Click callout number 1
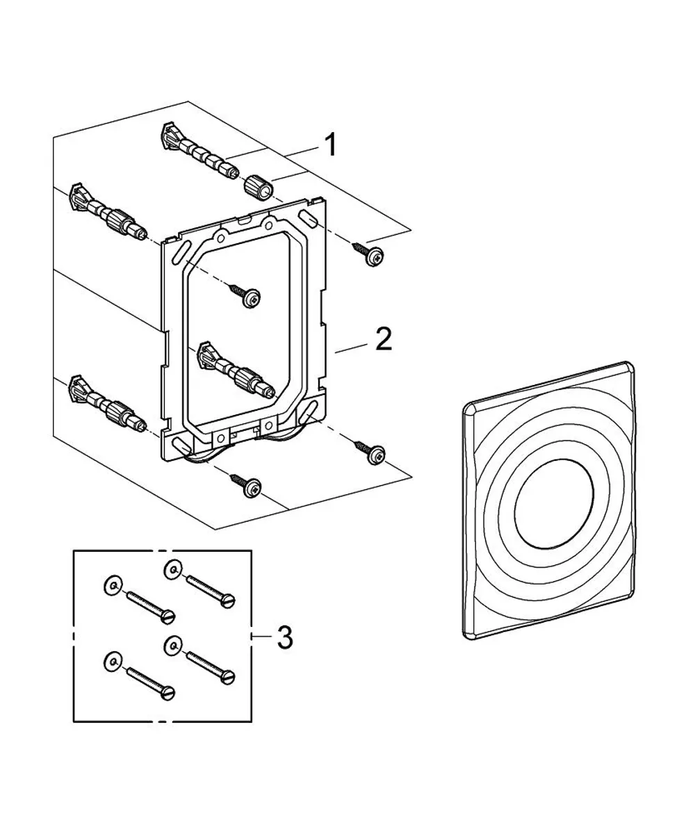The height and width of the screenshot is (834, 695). tap(330, 145)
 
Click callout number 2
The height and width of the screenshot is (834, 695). tap(384, 339)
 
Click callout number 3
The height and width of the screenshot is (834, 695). tap(285, 637)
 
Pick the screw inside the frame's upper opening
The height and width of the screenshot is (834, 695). tap(245, 295)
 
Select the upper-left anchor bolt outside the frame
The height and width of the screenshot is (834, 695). tap(108, 212)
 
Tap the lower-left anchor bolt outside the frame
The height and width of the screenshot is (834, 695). tap(108, 403)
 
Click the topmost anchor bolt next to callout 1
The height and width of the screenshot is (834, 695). tap(199, 151)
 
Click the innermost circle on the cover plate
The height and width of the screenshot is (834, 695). tap(554, 504)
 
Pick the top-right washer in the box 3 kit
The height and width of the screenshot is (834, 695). tap(173, 569)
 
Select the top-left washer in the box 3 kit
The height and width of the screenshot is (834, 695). tap(113, 586)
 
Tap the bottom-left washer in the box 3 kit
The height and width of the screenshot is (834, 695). tap(113, 673)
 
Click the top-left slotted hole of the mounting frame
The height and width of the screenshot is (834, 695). tap(180, 252)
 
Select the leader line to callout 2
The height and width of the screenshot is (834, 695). tap(351, 347)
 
